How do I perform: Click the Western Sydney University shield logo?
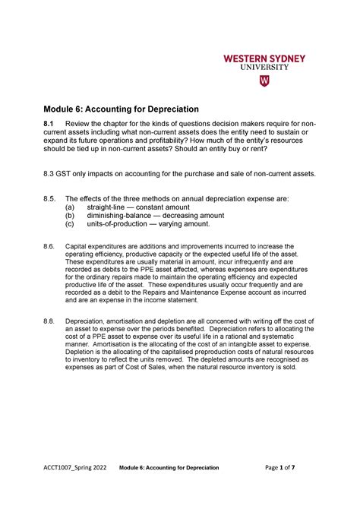(x=264, y=81)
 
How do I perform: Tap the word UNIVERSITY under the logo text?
(x=264, y=67)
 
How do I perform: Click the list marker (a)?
(x=69, y=207)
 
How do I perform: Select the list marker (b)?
(x=69, y=215)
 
